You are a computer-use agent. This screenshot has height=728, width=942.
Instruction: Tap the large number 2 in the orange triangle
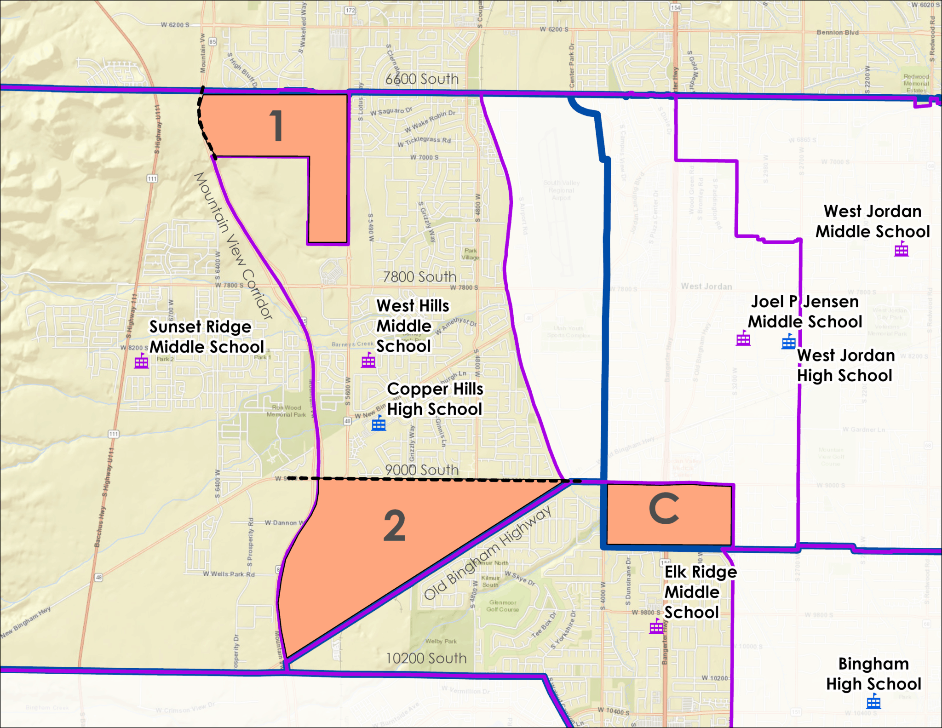click(394, 526)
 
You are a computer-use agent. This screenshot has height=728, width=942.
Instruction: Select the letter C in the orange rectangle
click(664, 509)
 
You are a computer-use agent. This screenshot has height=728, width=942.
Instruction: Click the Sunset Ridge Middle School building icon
click(141, 361)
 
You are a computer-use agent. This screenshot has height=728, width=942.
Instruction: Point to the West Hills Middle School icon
click(368, 361)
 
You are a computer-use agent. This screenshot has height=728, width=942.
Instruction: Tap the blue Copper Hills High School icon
click(379, 423)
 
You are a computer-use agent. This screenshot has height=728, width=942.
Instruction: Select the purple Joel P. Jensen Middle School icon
click(743, 339)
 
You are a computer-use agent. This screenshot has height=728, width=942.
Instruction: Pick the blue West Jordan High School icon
click(788, 342)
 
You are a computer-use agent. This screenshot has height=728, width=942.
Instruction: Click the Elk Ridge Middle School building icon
click(656, 626)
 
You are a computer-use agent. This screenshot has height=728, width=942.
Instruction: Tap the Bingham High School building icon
click(873, 702)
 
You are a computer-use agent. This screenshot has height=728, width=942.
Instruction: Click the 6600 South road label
click(422, 79)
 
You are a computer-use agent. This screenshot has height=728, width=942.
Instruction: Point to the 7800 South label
click(419, 277)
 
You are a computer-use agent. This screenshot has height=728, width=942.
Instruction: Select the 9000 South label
click(422, 470)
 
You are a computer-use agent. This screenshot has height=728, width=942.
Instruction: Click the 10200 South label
click(426, 658)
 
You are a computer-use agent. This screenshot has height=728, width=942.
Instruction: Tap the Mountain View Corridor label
click(233, 246)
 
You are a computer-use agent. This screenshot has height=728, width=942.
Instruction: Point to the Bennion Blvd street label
click(838, 33)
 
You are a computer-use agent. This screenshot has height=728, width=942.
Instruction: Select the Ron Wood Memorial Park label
click(286, 411)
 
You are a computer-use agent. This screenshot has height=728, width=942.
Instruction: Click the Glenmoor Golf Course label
click(503, 606)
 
